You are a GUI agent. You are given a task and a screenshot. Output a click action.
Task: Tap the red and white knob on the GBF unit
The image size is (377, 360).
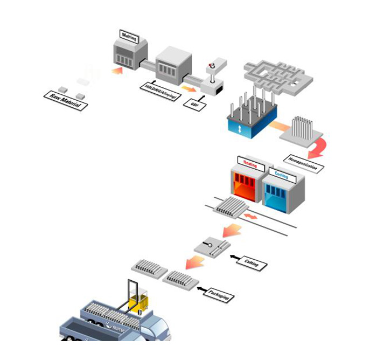tap(212, 67)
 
